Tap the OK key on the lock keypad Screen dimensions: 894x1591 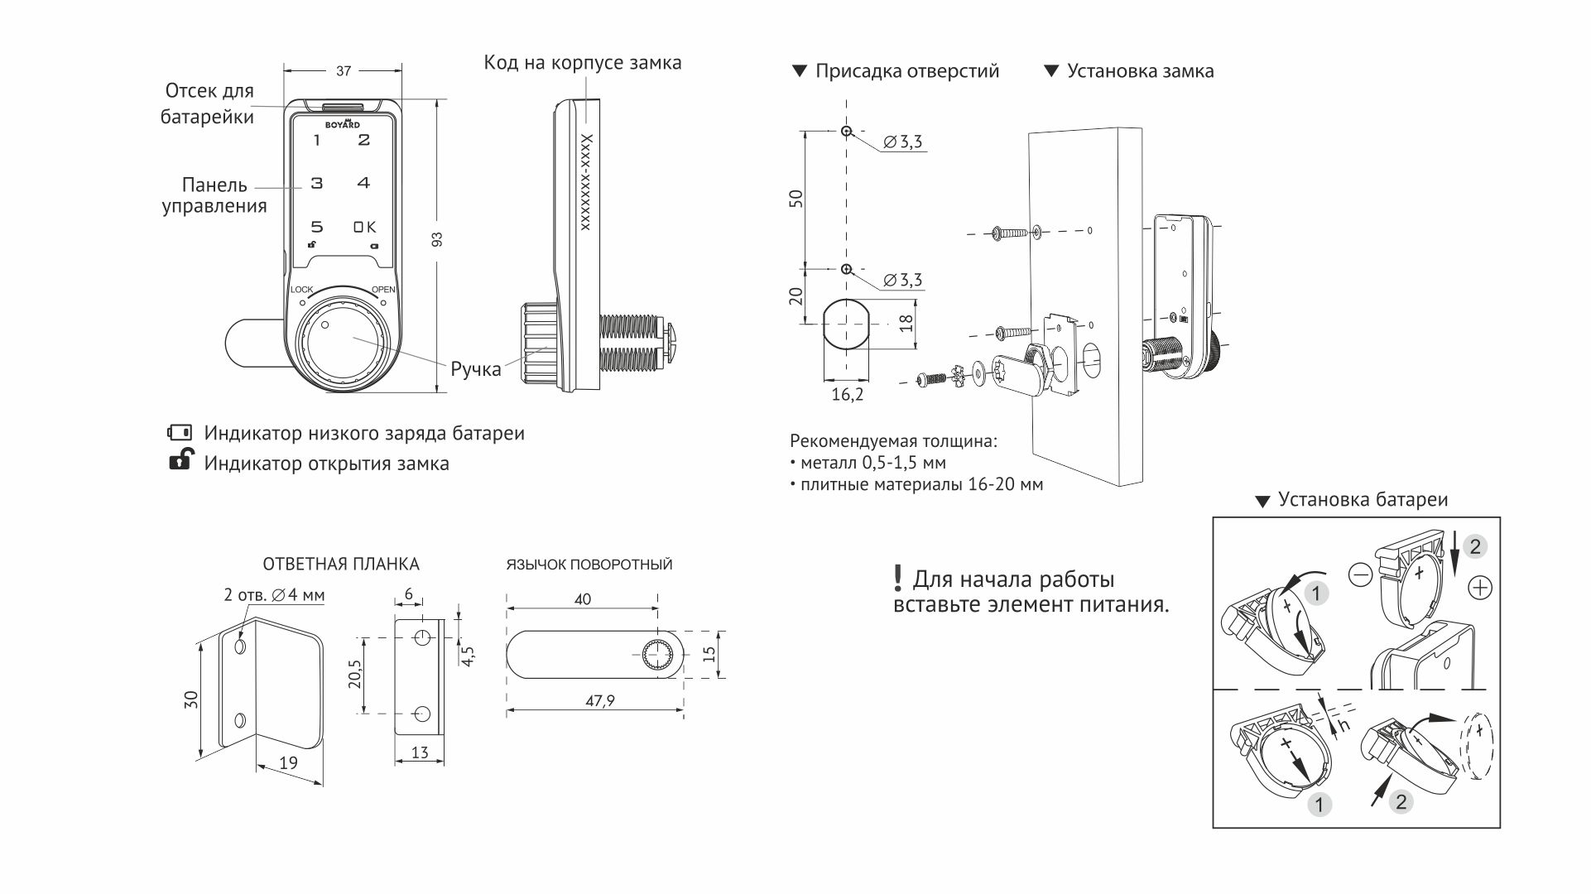[x=364, y=227]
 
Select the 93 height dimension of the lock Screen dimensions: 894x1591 [x=437, y=239]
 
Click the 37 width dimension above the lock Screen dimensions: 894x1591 [x=343, y=71]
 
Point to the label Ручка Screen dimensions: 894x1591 [x=475, y=369]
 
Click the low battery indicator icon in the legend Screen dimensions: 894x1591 [x=180, y=432]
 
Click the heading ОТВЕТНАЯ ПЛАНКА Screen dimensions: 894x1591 [x=341, y=565]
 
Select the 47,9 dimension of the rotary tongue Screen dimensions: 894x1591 [x=599, y=701]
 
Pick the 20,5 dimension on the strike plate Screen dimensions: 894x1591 [x=355, y=674]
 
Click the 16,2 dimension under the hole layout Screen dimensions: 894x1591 [x=847, y=395]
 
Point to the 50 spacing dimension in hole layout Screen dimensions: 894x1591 [x=796, y=199]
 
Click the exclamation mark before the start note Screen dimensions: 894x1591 [x=897, y=578]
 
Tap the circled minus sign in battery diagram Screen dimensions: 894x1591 [x=1360, y=574]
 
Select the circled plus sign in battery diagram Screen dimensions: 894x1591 [x=1479, y=588]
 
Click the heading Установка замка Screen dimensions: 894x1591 [x=1140, y=71]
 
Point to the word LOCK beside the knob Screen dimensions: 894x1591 [x=301, y=290]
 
